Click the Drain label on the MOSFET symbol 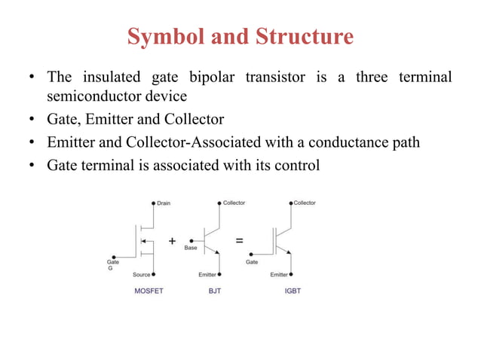[x=164, y=203]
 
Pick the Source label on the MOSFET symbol [x=142, y=274]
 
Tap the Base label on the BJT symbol [x=191, y=248]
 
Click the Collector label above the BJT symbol [x=234, y=203]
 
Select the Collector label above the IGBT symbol [x=305, y=203]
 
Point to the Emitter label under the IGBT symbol [x=279, y=274]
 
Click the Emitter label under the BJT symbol [x=208, y=274]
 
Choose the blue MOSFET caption [x=149, y=290]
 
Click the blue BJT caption [x=215, y=290]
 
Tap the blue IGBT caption [x=293, y=290]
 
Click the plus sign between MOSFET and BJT [x=173, y=241]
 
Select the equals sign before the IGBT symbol [x=240, y=241]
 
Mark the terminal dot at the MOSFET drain [x=153, y=203]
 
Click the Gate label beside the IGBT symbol [x=252, y=262]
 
